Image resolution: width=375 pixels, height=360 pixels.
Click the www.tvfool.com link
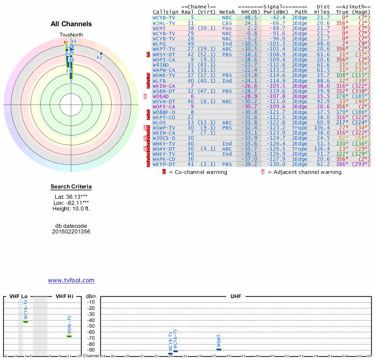tap(71, 280)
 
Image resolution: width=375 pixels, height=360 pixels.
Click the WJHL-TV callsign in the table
tap(164, 22)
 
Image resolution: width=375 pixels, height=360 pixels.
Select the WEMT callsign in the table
tap(159, 29)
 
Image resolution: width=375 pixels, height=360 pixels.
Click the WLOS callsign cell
tap(159, 122)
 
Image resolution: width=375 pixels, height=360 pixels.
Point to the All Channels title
tap(71, 24)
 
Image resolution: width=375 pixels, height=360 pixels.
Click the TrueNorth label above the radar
tap(71, 35)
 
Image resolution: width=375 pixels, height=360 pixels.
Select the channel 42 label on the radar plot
tap(99, 57)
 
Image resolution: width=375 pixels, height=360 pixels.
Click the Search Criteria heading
tap(71, 187)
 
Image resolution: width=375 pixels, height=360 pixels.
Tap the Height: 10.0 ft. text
tap(71, 209)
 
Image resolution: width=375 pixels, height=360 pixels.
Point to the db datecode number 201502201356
tap(71, 232)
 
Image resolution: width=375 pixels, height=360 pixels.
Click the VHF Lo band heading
tap(19, 297)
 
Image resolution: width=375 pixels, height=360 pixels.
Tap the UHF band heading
tap(236, 297)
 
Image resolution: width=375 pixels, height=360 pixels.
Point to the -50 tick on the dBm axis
tap(91, 326)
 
